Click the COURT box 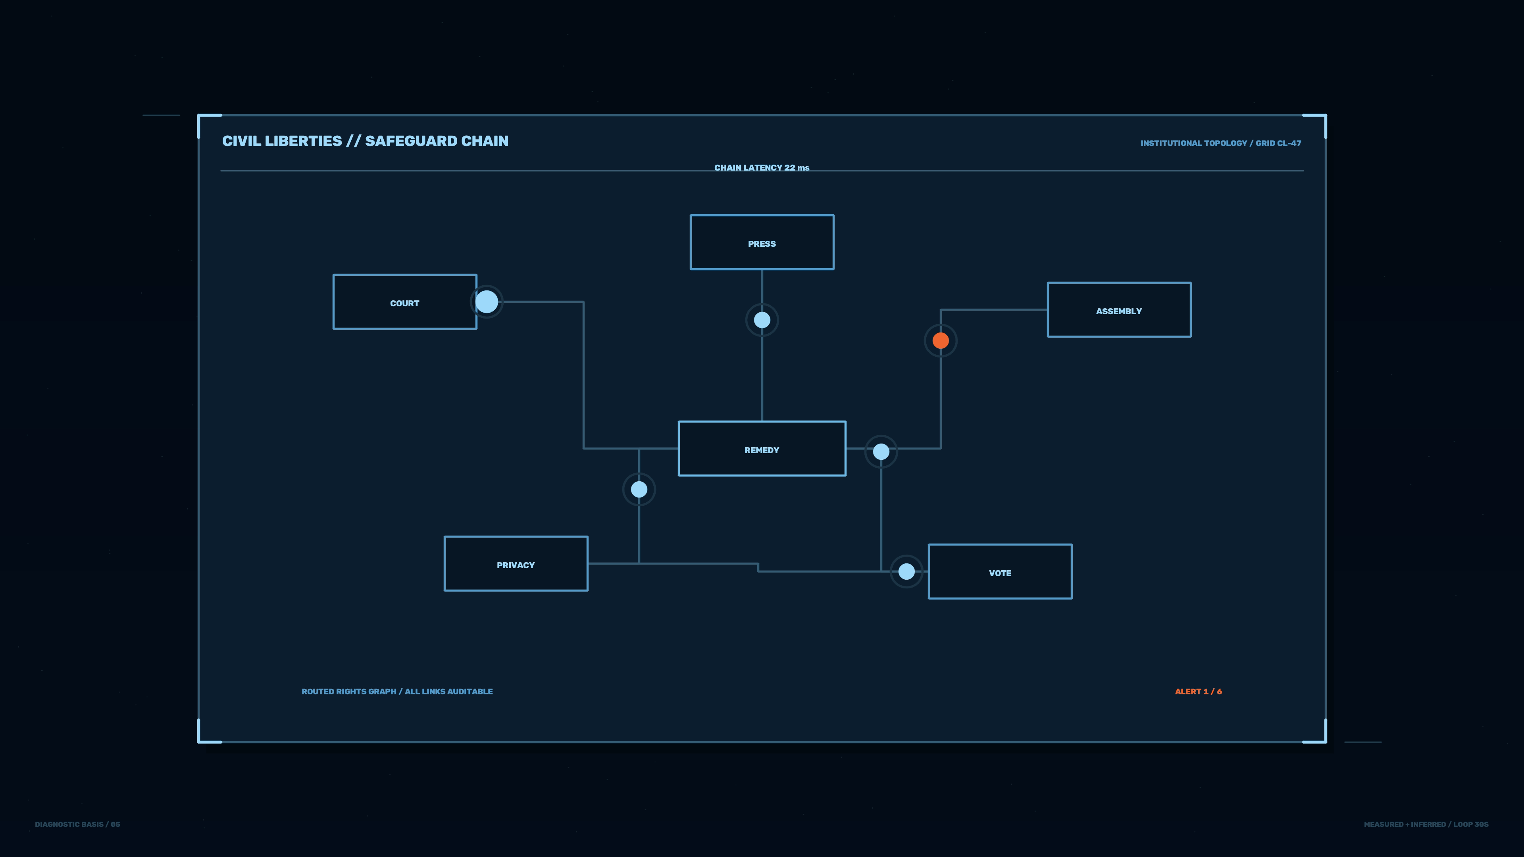pyautogui.click(x=405, y=302)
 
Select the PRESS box pyautogui.click(x=762, y=242)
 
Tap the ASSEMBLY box pyautogui.click(x=1119, y=309)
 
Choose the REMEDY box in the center pyautogui.click(x=762, y=448)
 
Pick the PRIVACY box pyautogui.click(x=516, y=564)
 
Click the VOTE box pyautogui.click(x=1000, y=571)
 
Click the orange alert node pyautogui.click(x=941, y=341)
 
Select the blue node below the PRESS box pyautogui.click(x=762, y=320)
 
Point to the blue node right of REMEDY pyautogui.click(x=881, y=452)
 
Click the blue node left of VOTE pyautogui.click(x=906, y=571)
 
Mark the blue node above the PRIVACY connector pyautogui.click(x=639, y=489)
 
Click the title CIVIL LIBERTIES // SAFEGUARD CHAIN pyautogui.click(x=365, y=141)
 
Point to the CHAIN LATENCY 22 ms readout pyautogui.click(x=762, y=168)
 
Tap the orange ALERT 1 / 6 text pyautogui.click(x=1198, y=692)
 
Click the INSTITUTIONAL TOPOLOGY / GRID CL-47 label pyautogui.click(x=1220, y=143)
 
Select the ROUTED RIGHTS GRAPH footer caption pyautogui.click(x=397, y=692)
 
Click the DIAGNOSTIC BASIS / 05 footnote pyautogui.click(x=77, y=824)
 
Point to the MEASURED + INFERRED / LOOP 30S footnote pyautogui.click(x=1426, y=824)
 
